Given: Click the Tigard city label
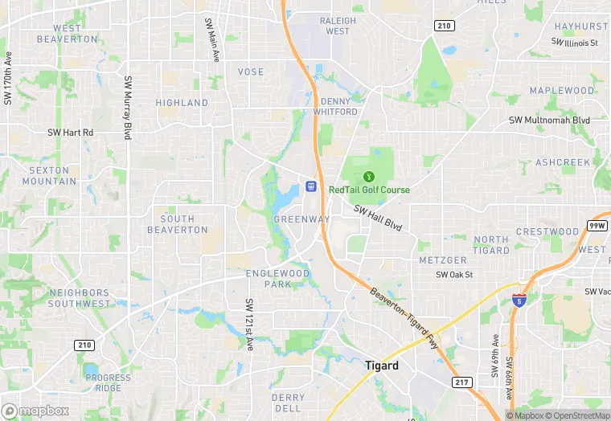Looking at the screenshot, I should (x=381, y=365).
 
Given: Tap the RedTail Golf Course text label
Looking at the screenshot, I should (x=369, y=190).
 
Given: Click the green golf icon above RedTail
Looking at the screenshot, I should (x=369, y=175).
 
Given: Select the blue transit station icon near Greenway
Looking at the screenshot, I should (x=311, y=187).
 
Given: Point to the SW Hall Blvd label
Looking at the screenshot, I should (x=377, y=217).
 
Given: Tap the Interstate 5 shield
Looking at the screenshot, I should (x=519, y=300).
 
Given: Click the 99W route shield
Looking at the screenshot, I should (x=596, y=226).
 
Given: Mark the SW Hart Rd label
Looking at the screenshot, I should (x=71, y=133).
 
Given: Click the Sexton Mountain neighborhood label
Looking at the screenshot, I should (x=49, y=175).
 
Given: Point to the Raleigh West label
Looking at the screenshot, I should (x=338, y=26).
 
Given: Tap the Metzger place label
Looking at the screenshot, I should (x=443, y=260).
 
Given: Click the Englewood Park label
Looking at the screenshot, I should (x=277, y=279).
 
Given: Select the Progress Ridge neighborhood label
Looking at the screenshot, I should (x=108, y=382).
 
